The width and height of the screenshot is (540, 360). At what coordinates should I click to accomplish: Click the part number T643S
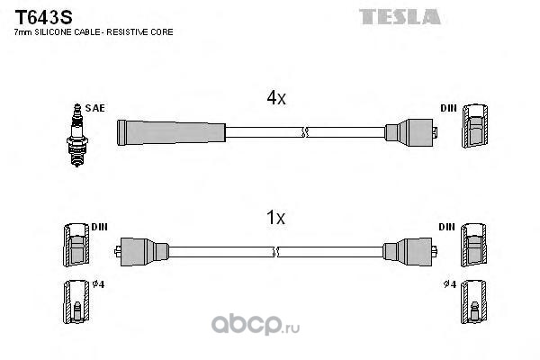(x=43, y=17)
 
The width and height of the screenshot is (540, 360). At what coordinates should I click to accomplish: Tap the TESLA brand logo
(x=400, y=16)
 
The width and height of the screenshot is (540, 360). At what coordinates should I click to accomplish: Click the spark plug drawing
(x=77, y=135)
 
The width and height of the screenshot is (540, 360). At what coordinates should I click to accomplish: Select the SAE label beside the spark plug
(x=94, y=108)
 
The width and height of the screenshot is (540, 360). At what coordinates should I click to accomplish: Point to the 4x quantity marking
(x=276, y=98)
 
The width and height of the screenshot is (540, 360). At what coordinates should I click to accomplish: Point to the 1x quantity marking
(x=276, y=218)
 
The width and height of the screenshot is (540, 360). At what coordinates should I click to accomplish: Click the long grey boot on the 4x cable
(x=171, y=132)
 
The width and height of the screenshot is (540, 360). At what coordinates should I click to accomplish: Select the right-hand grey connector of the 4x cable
(x=411, y=132)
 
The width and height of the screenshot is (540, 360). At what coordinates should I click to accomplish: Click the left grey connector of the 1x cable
(x=141, y=252)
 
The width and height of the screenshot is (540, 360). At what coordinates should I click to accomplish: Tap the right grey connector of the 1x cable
(x=410, y=251)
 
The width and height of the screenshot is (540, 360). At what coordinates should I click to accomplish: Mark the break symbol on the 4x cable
(x=304, y=132)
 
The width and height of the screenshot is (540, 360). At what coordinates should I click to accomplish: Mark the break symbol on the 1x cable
(x=275, y=252)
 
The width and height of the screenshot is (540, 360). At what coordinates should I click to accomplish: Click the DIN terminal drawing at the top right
(x=475, y=126)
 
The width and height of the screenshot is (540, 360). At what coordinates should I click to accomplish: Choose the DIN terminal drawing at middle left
(x=76, y=245)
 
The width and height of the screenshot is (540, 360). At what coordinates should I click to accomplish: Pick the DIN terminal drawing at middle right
(x=474, y=245)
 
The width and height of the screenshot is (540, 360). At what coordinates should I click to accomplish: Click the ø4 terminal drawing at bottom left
(x=76, y=301)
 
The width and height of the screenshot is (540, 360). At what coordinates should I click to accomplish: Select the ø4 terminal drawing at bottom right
(x=474, y=301)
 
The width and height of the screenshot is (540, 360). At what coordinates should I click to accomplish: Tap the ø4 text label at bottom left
(x=98, y=284)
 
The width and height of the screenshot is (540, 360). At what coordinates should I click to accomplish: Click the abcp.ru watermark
(x=256, y=324)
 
